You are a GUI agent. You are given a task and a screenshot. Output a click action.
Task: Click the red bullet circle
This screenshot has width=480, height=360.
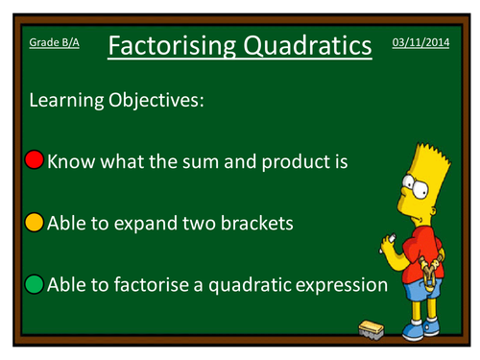35,160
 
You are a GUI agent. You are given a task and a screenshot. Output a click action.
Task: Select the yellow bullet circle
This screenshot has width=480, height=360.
35,223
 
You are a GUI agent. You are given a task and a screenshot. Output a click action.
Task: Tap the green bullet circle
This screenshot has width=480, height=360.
35,284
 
